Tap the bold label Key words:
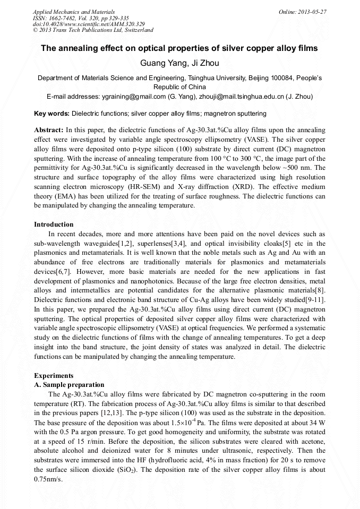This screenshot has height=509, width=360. click(x=52, y=114)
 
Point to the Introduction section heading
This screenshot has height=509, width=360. click(x=54, y=224)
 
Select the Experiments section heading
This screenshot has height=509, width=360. click(x=54, y=375)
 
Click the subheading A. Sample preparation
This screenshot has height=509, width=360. click(x=69, y=384)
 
